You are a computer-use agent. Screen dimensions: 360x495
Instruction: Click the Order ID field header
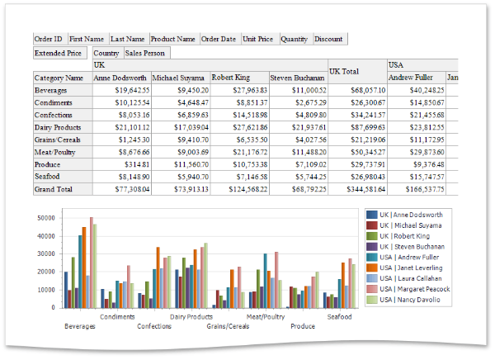point(49,39)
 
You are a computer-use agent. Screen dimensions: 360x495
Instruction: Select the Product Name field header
point(173,39)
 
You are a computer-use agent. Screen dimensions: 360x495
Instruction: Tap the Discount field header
point(329,39)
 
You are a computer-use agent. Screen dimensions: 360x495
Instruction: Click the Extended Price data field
point(58,54)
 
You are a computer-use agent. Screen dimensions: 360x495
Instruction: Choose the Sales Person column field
point(146,54)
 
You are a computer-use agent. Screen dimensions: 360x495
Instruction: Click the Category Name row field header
point(61,78)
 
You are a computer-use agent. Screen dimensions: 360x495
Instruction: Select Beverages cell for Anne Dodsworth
point(120,90)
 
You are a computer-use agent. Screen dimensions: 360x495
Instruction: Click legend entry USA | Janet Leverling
point(410,268)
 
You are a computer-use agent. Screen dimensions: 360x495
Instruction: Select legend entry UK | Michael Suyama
point(410,225)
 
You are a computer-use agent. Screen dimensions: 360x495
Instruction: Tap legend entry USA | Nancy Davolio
point(410,300)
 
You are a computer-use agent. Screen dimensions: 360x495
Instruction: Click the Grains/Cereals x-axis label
point(228,326)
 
